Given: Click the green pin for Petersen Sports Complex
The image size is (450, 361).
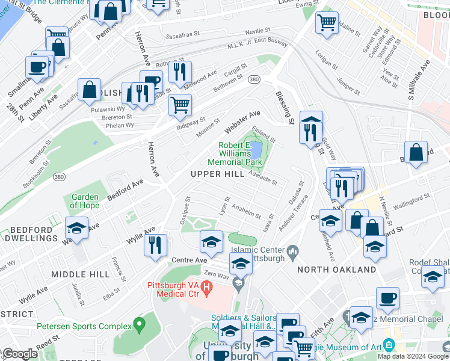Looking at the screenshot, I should pos(140,326).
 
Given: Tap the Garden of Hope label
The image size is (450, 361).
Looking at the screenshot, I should pos(84,201).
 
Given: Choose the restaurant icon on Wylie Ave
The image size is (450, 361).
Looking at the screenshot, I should pos(156,245).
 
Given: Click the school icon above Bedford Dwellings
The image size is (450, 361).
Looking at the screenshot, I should pos(77,228).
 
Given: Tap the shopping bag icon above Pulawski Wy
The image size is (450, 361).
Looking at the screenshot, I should pos(89,90).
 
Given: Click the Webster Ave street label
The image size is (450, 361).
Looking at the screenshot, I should pos(242,122).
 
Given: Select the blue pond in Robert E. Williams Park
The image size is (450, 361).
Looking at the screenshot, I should pos(255,149).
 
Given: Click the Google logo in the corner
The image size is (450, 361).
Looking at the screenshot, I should pos(20,354).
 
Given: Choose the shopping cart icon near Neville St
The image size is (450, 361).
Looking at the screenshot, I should pos(327,23).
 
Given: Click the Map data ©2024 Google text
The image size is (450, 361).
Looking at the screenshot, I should pos(413,356).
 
